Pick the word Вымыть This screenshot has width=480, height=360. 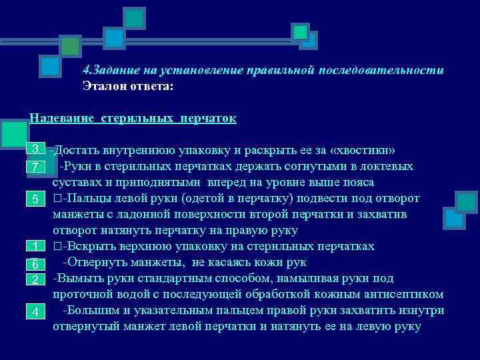[x=79, y=279]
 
